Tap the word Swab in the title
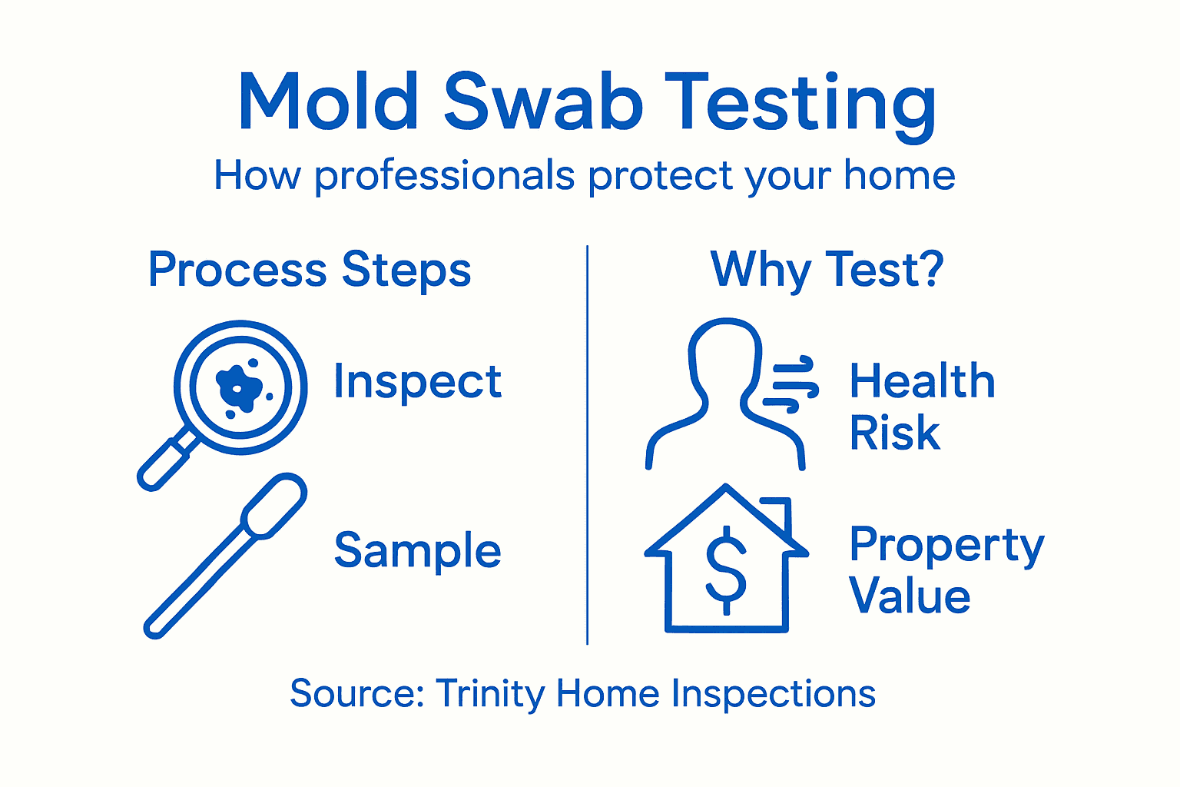542,102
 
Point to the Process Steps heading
310,271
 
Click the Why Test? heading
827,271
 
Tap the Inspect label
417,382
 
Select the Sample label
417,552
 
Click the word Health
922,381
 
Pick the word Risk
894,433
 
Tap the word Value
910,597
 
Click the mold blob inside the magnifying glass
239,387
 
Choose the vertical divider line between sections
588,446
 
